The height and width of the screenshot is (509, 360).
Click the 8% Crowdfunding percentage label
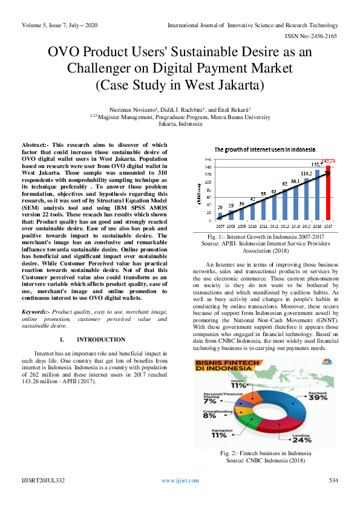pos(209,415)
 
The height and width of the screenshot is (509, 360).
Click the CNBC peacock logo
pos(327,363)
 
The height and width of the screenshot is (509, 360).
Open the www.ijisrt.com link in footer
pos(180,481)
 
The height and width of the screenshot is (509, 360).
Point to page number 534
pos(333,481)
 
